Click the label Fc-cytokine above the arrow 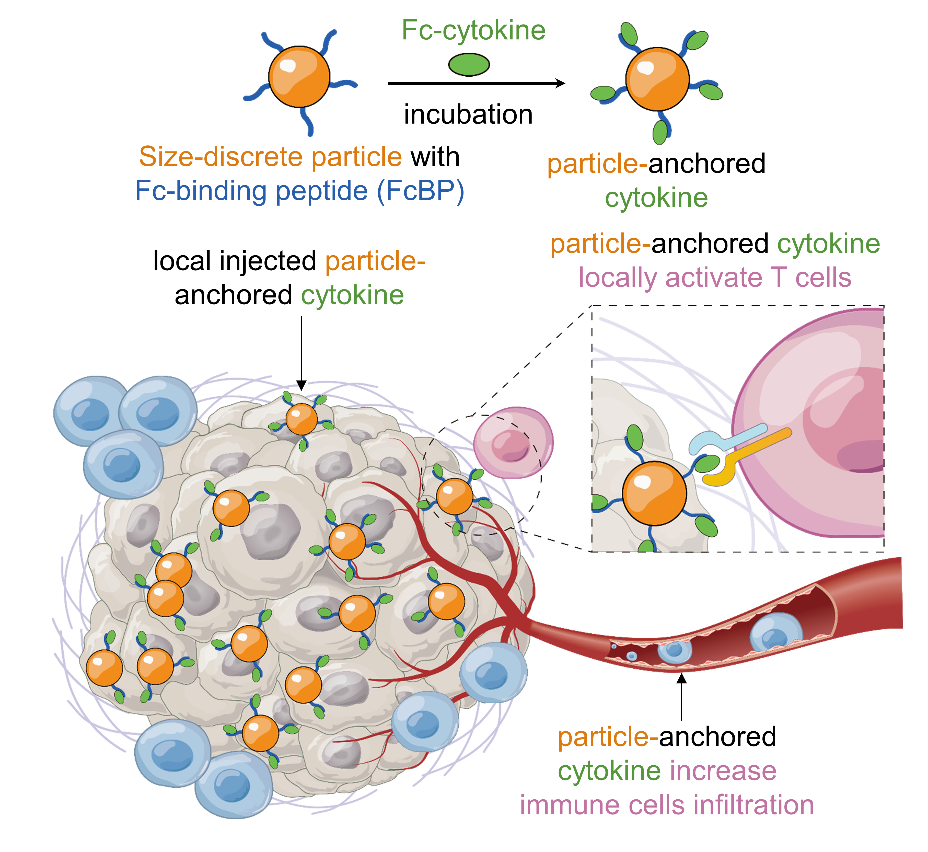click(473, 30)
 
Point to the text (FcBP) click(420, 191)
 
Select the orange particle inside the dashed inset click(654, 493)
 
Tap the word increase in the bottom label click(723, 771)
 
